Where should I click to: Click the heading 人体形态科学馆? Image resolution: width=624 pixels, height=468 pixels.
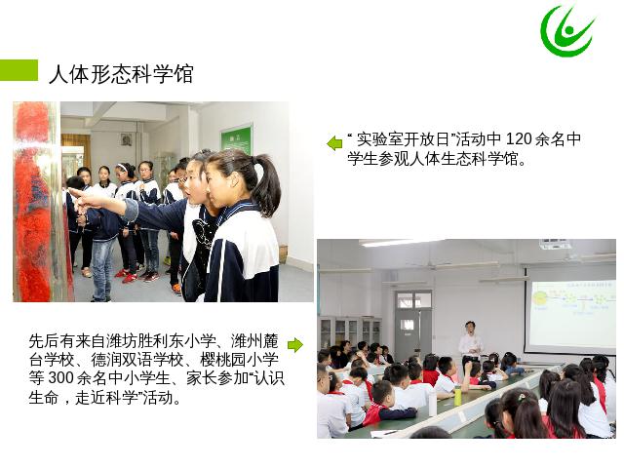click(x=121, y=74)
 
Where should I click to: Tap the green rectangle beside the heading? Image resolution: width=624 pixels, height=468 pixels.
click(x=19, y=70)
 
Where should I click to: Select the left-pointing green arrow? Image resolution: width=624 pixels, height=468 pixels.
click(x=334, y=143)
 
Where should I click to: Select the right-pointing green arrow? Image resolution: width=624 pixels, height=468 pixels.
click(x=294, y=344)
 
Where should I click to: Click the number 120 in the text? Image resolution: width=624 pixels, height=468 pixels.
click(x=519, y=138)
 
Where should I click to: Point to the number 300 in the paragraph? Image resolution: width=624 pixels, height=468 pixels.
click(x=61, y=378)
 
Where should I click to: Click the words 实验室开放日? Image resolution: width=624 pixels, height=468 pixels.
click(x=403, y=139)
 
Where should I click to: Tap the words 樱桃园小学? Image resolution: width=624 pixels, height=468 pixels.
click(x=239, y=360)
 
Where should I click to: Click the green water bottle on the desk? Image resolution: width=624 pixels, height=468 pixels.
click(x=457, y=395)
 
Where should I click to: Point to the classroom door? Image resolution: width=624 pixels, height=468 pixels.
click(x=413, y=322)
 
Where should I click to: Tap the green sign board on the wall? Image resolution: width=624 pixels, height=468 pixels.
click(x=236, y=140)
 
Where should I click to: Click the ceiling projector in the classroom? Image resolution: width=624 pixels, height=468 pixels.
click(x=555, y=244)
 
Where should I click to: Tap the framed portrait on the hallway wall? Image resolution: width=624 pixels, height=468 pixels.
click(x=127, y=139)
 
